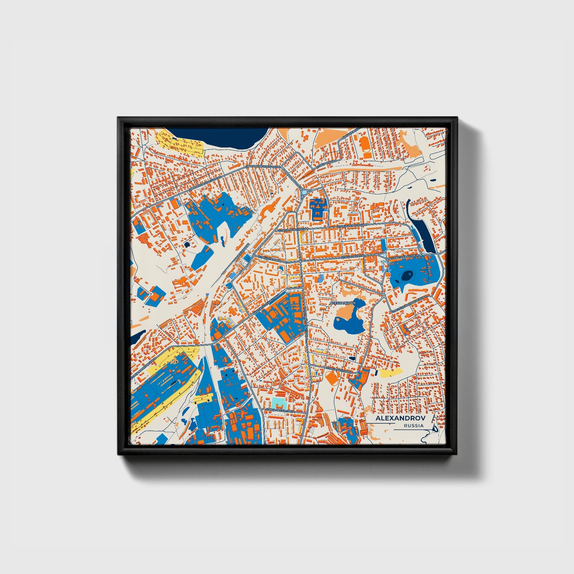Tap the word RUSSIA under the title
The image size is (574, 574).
coord(414,425)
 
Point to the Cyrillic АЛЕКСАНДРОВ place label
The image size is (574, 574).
coord(343,303)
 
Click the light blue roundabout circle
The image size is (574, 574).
coord(304,192)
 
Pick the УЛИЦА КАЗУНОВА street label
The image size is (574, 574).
coord(338,369)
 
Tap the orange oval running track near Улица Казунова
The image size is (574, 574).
coord(332,377)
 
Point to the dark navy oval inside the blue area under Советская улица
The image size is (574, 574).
coord(407,274)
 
